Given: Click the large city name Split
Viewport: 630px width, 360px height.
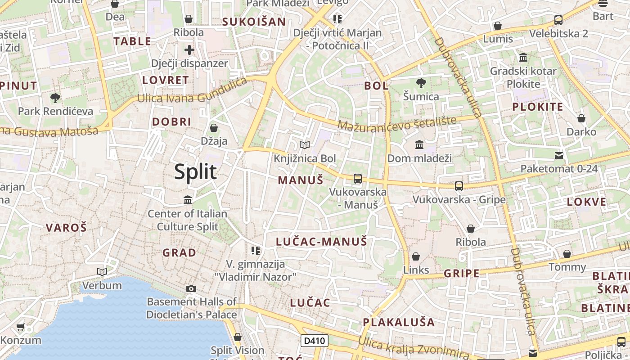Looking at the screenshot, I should click(x=195, y=171).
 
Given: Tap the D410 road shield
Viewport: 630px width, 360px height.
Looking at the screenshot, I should click(x=315, y=341).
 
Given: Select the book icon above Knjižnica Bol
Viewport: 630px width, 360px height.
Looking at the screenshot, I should click(x=305, y=145).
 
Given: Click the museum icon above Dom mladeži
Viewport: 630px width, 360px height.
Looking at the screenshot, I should click(x=419, y=144).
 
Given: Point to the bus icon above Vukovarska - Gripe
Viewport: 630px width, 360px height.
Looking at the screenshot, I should click(x=459, y=186).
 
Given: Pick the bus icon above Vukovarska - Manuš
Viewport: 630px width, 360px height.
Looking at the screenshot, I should click(x=358, y=179).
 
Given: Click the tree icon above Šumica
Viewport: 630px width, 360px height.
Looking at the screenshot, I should click(x=421, y=83).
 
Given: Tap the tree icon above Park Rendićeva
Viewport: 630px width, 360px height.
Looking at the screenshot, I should click(x=55, y=98).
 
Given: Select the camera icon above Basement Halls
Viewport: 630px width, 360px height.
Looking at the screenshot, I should click(x=191, y=288).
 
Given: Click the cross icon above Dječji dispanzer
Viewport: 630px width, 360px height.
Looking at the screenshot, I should click(x=189, y=49).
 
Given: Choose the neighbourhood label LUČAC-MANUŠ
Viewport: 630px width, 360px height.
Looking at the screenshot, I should click(x=321, y=242).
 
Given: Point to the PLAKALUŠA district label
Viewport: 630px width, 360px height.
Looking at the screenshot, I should click(x=399, y=322).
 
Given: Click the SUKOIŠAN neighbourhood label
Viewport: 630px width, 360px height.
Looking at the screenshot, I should click(x=254, y=22).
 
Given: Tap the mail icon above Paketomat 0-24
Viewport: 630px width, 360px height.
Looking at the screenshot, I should click(x=559, y=156).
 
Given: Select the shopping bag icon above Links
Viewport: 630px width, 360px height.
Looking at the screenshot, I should click(x=416, y=256).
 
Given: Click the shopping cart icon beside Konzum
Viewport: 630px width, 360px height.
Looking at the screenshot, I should click(x=20, y=327).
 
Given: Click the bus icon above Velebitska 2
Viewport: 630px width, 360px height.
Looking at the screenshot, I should click(x=558, y=20).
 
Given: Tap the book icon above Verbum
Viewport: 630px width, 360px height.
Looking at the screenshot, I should click(x=102, y=272).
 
